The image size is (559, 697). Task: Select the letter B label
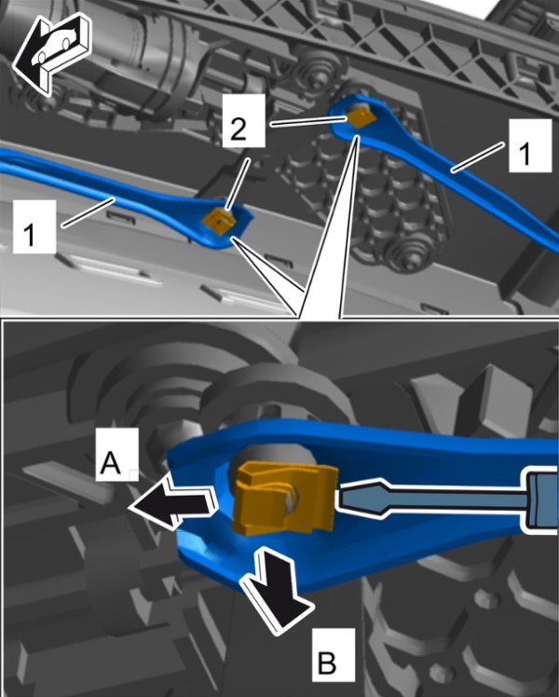click(x=334, y=654)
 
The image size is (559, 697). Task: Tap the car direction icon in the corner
click(x=51, y=54)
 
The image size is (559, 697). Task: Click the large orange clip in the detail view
click(x=284, y=497)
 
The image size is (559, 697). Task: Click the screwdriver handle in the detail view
click(x=542, y=499)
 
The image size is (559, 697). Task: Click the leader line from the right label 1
click(x=478, y=157)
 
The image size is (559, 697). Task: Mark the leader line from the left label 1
click(x=88, y=213)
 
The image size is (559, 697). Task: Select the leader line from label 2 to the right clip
click(x=308, y=122)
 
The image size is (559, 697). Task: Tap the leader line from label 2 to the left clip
click(x=237, y=184)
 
